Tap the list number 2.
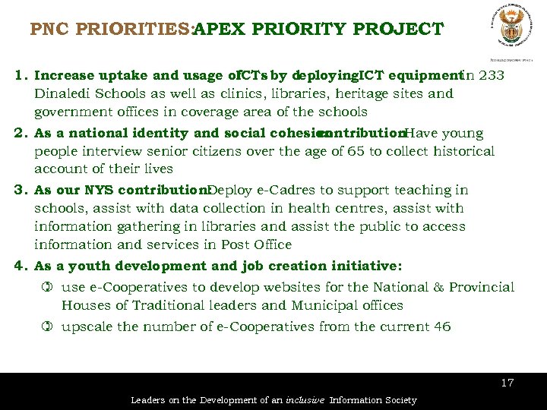(19, 133)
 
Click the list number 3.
(19, 190)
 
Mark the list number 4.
(19, 266)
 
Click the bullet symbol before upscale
(46, 326)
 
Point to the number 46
(442, 326)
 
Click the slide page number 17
(507, 383)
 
